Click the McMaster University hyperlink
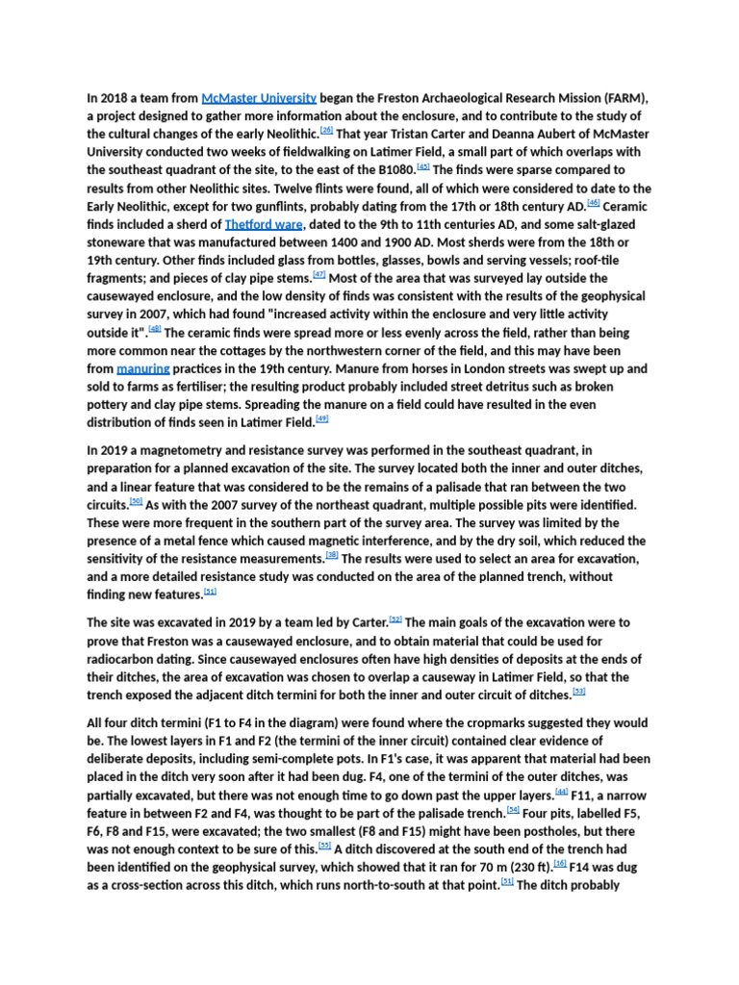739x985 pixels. pyautogui.click(x=259, y=97)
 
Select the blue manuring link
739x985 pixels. pyautogui.click(x=143, y=368)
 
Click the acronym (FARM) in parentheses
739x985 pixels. pyautogui.click(x=624, y=97)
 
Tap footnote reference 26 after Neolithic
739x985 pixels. pyautogui.click(x=327, y=130)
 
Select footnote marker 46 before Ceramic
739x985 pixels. pyautogui.click(x=593, y=202)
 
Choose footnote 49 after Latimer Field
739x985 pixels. pyautogui.click(x=322, y=418)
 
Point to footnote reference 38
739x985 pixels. pyautogui.click(x=332, y=554)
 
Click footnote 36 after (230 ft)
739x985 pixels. pyautogui.click(x=560, y=864)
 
